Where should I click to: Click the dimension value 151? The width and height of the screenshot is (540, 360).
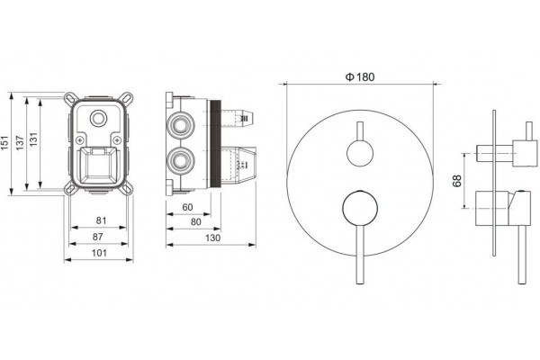[4, 142]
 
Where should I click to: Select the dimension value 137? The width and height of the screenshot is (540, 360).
[20, 142]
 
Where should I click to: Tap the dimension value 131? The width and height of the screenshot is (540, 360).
[33, 139]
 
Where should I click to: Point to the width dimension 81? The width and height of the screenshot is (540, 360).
[101, 220]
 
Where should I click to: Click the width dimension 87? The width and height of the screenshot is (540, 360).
[98, 237]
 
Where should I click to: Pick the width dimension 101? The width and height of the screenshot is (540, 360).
[99, 253]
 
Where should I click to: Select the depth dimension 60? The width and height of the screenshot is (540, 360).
[188, 207]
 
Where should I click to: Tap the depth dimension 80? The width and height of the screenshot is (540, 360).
[195, 222]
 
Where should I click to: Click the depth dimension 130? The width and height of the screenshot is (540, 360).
[212, 238]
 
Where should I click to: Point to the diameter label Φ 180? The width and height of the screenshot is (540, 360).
[360, 76]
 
